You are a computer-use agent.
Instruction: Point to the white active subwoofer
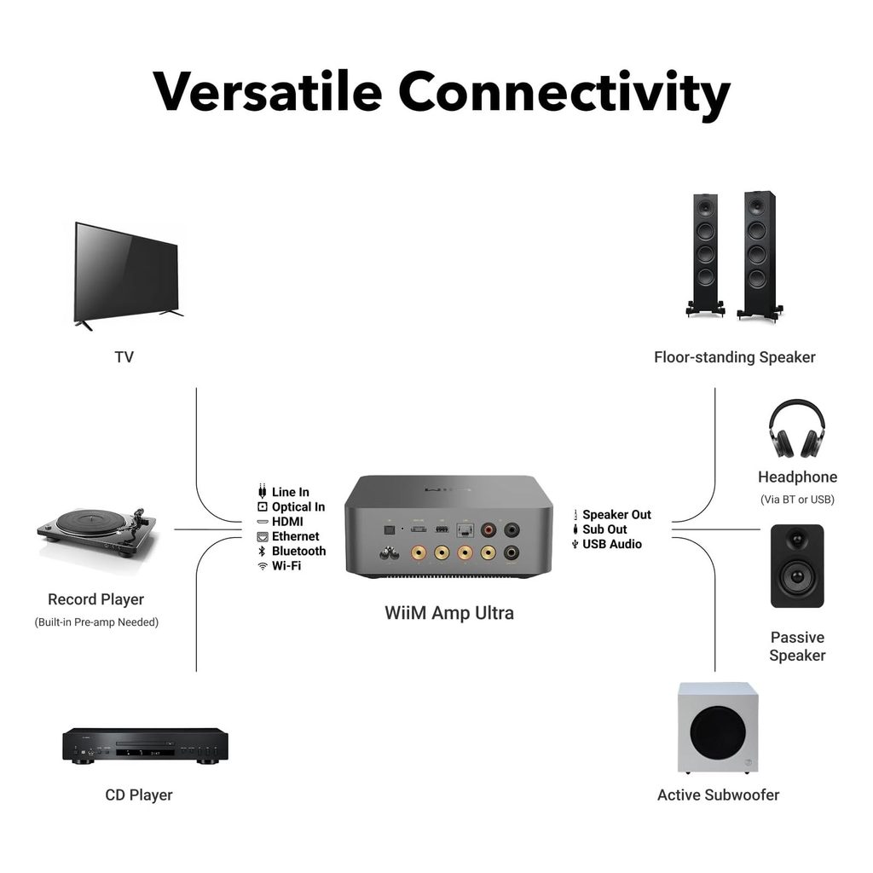[717, 727]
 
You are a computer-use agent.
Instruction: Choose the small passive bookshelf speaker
[796, 565]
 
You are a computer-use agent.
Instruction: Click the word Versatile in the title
[267, 91]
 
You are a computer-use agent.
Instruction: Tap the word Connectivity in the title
[564, 91]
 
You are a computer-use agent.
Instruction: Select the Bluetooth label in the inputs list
[298, 551]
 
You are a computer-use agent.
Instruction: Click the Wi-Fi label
[286, 565]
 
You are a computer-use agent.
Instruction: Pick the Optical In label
[298, 506]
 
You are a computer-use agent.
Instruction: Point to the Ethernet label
[295, 536]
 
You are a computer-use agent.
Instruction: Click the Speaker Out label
[616, 515]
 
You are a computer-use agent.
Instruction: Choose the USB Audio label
[612, 544]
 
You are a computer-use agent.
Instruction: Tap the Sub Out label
[604, 529]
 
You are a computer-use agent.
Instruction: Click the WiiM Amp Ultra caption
[448, 612]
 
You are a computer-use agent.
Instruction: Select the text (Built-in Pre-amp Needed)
[96, 622]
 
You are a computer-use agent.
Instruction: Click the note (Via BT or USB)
[797, 500]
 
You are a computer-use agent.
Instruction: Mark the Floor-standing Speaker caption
[734, 357]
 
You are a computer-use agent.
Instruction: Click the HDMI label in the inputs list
[287, 522]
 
